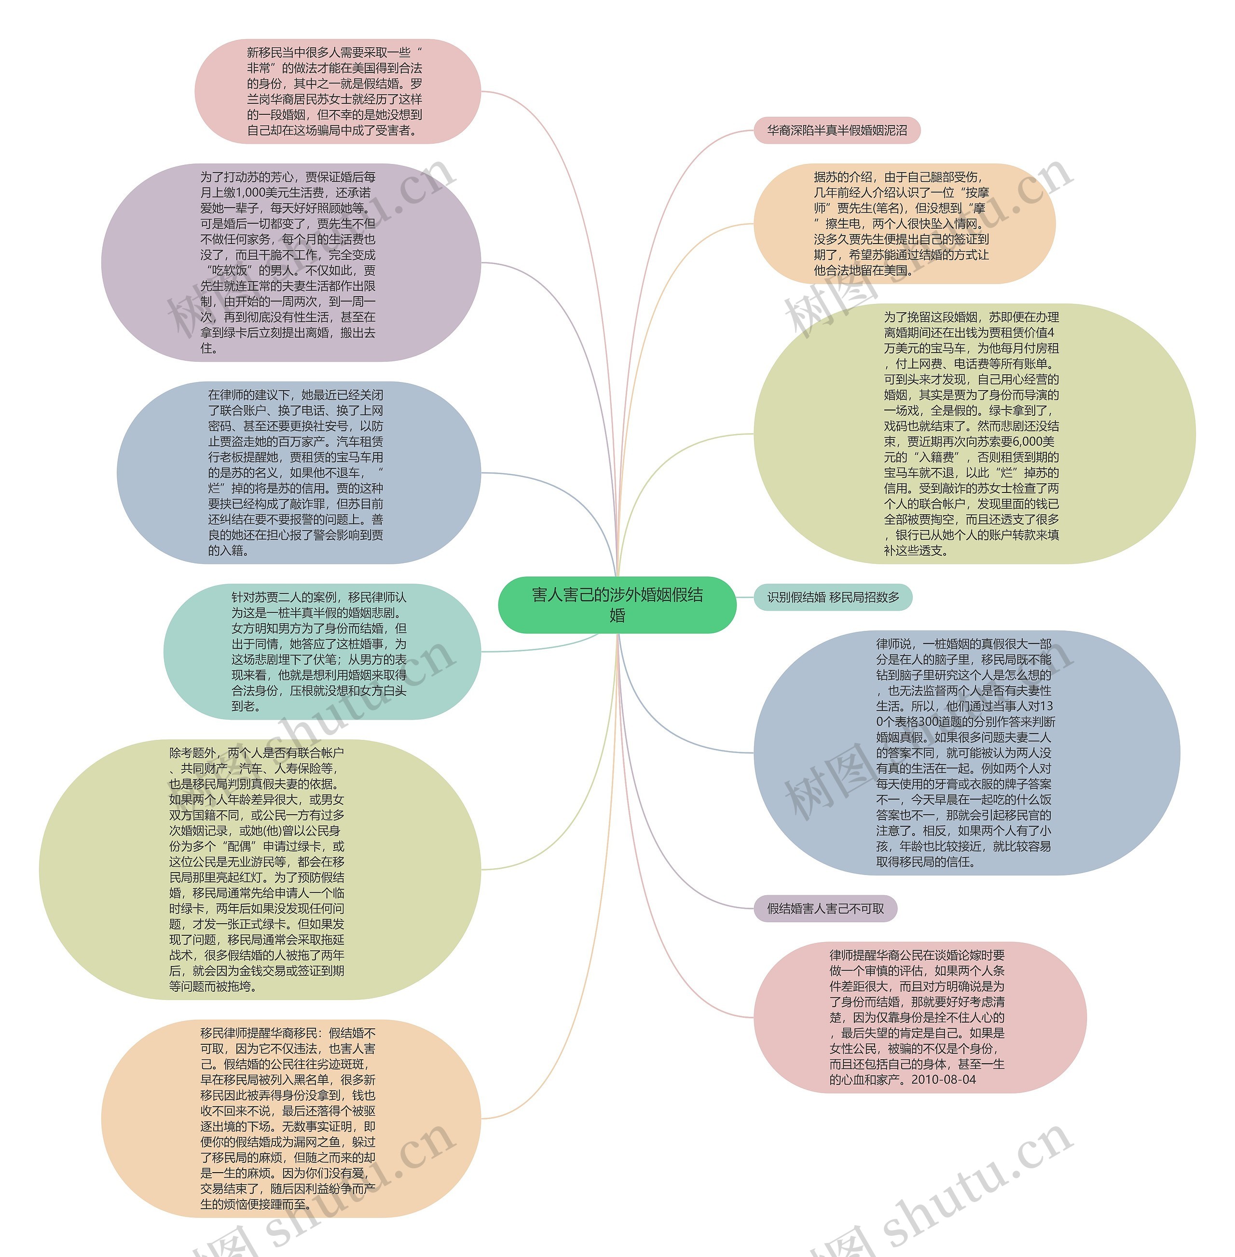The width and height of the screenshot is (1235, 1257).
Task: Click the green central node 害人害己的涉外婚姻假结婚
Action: [x=617, y=604]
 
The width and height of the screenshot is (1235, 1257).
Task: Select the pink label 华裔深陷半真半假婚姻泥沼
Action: [x=837, y=130]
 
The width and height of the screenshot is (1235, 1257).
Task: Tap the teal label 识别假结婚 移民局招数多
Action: [x=833, y=597]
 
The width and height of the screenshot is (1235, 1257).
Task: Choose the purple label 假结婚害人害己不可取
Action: [x=825, y=909]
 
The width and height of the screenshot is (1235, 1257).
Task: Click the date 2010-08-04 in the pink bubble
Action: [x=943, y=1080]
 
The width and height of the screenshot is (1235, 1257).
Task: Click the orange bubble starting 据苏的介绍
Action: [x=904, y=224]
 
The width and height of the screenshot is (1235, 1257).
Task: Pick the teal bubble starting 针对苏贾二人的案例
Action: [x=322, y=652]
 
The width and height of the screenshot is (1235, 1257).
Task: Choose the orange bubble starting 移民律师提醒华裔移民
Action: [x=290, y=1119]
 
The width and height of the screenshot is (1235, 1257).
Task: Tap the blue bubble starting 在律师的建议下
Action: [x=298, y=473]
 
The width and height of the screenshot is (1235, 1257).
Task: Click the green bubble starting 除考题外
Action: [x=260, y=869]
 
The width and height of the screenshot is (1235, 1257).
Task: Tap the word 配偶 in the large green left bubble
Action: [x=240, y=847]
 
